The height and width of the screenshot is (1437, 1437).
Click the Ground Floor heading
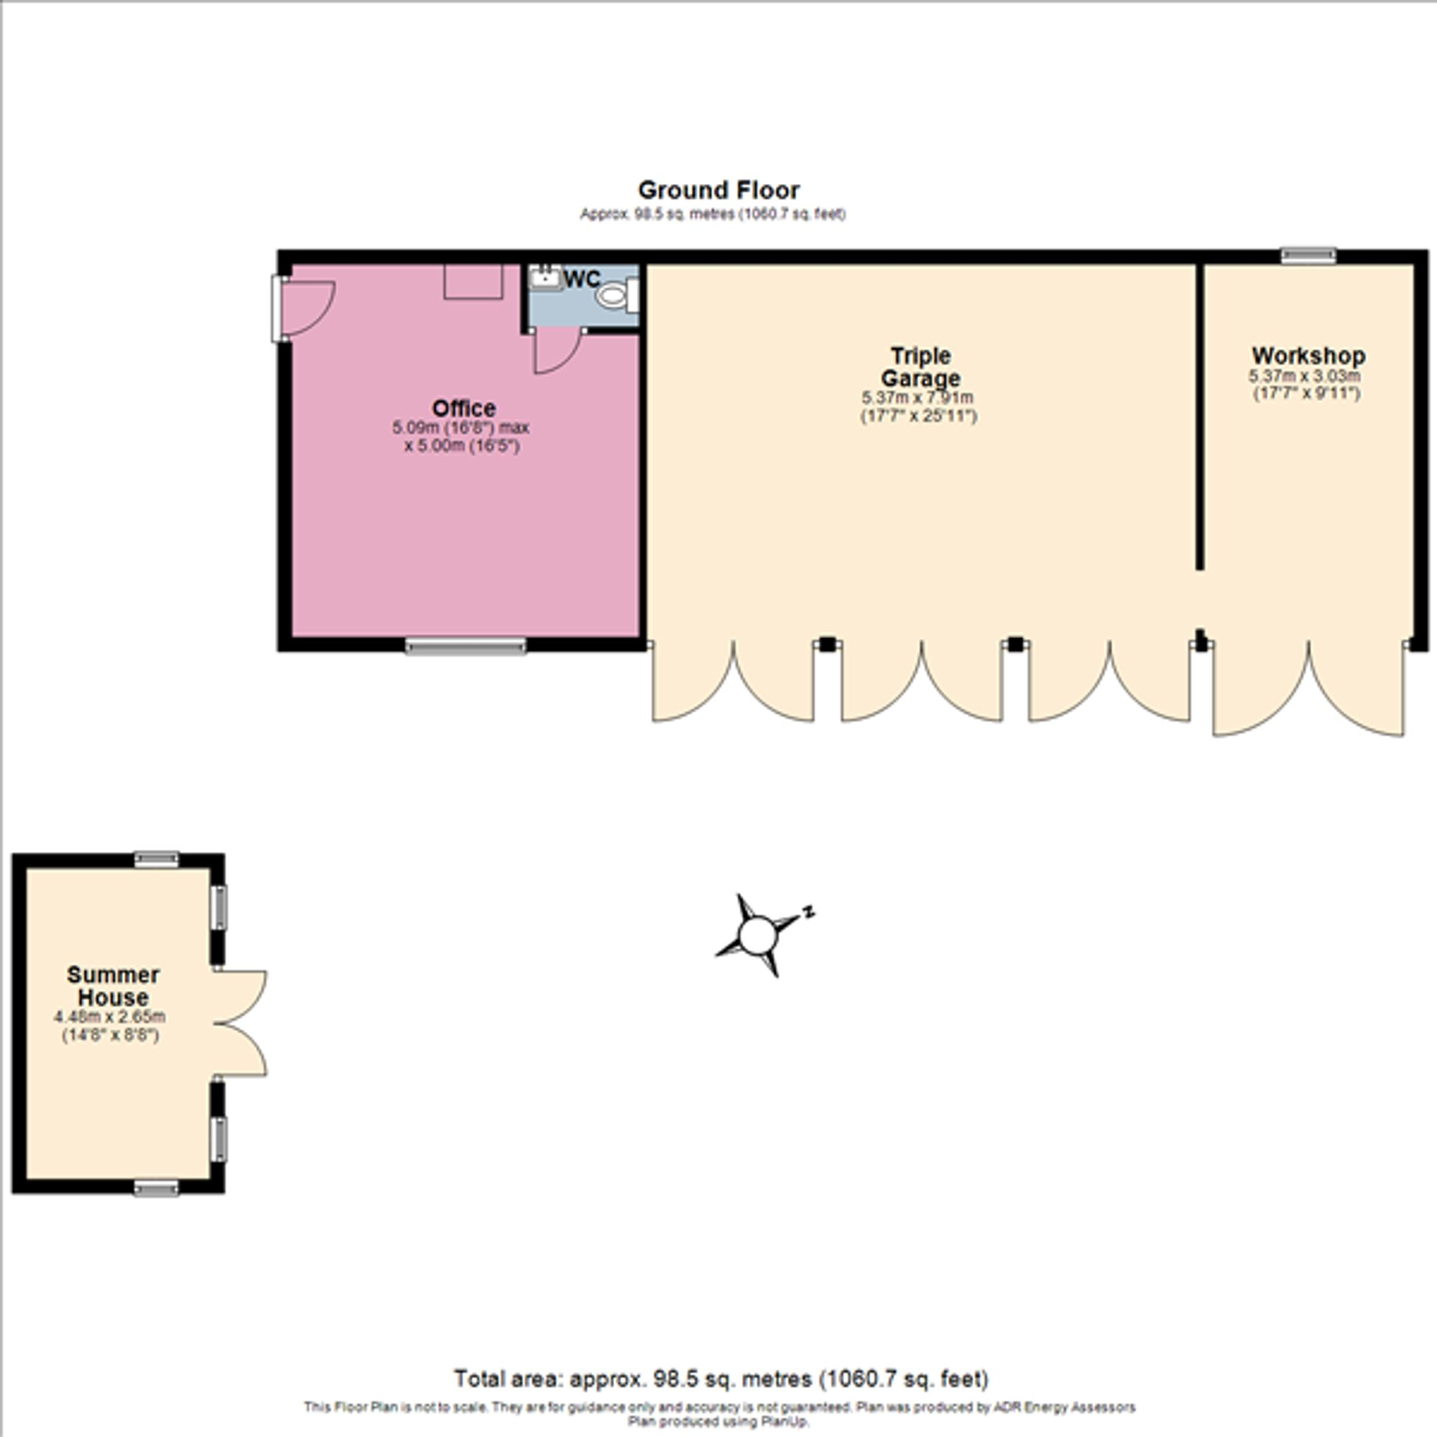coord(718,190)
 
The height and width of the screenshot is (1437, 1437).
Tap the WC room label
coord(582,279)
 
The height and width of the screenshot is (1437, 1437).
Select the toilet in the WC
coord(613,295)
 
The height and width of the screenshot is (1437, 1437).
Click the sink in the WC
coord(547,279)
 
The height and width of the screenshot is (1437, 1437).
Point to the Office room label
coord(463,408)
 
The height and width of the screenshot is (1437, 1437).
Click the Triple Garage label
coord(920,366)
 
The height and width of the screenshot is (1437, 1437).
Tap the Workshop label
coord(1308,356)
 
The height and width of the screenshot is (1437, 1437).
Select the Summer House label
coord(113,986)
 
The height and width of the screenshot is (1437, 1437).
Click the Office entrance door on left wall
coord(305,308)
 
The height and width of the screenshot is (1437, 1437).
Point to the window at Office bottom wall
coord(466,647)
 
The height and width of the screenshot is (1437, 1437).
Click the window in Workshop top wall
coord(1308,257)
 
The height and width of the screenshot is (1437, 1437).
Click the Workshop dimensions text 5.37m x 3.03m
coord(1306,377)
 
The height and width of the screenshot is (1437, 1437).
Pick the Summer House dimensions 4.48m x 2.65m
coord(110,1017)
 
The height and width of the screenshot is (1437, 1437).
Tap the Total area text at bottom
coord(721,1378)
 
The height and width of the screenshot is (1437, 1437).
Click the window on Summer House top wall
coord(156,860)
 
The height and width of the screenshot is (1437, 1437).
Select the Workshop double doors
coord(1308,692)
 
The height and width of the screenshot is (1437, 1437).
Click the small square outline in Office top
coord(473,282)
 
